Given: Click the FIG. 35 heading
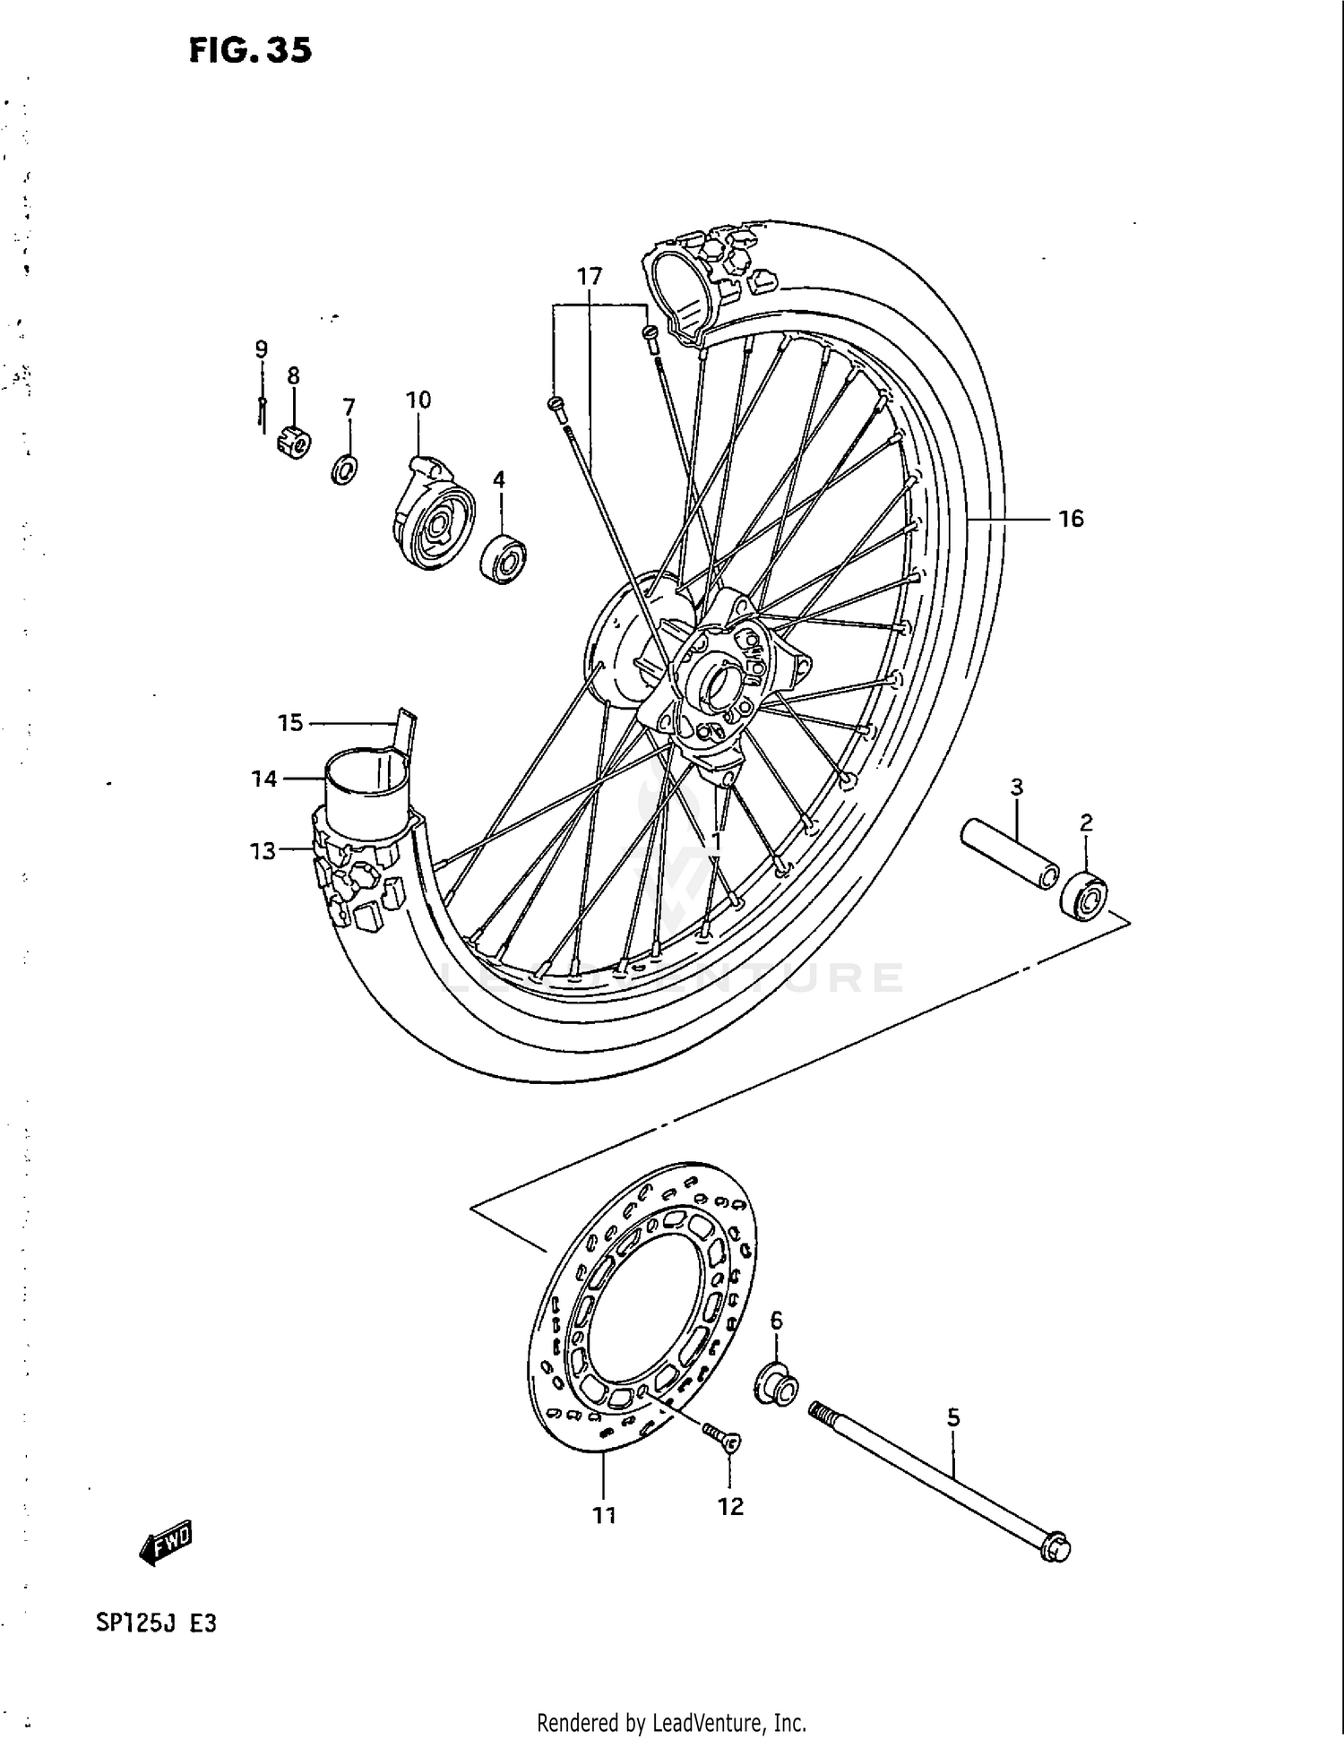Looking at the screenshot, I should click(x=250, y=50).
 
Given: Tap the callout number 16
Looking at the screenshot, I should click(x=1071, y=519).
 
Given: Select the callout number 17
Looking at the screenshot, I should click(x=590, y=277).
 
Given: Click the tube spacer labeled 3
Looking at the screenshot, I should click(x=1009, y=851).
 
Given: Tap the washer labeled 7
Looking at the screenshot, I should click(x=344, y=469).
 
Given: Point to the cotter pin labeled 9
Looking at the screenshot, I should click(x=261, y=413).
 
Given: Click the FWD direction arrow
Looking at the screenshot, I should click(x=167, y=1542).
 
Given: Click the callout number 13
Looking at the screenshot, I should click(x=263, y=850).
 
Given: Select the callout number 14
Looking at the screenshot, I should click(x=263, y=779).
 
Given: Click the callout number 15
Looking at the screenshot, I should click(x=289, y=722).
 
